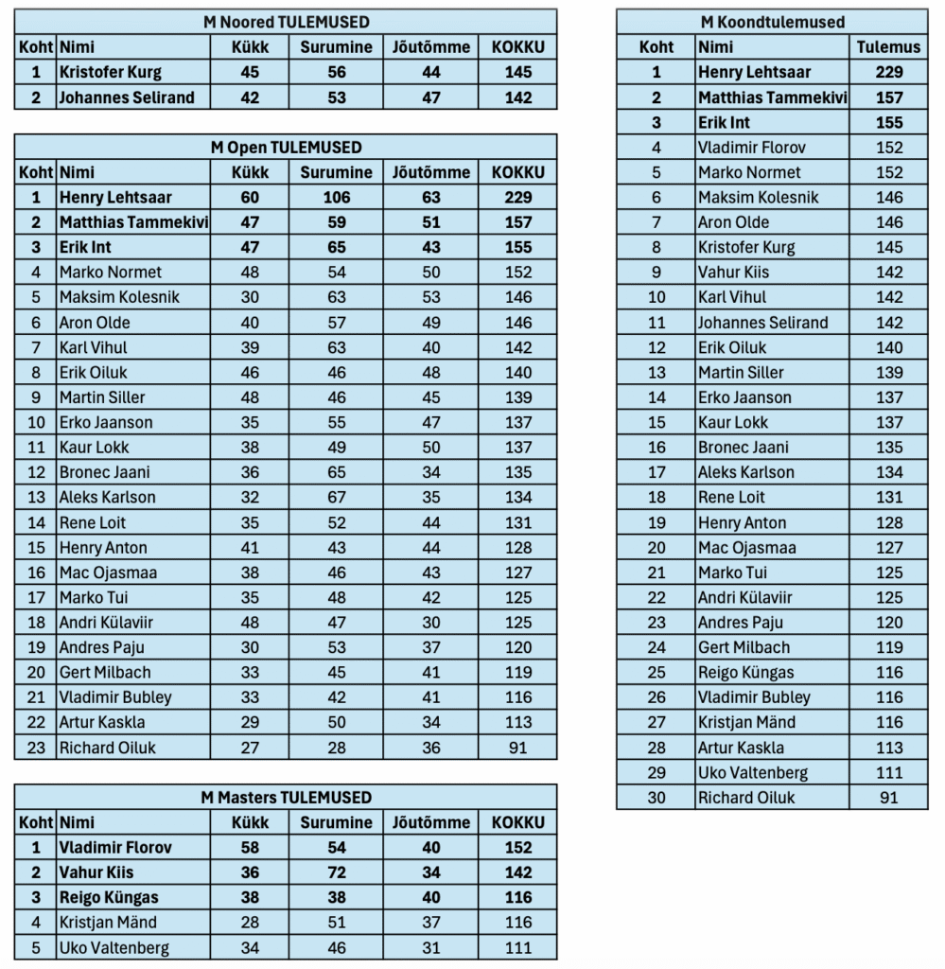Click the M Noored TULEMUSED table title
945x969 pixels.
point(286,22)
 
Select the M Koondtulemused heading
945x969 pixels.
point(772,22)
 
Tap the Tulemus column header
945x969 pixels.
point(888,46)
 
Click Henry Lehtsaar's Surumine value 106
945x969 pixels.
point(336,198)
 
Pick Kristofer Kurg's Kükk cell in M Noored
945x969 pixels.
point(250,72)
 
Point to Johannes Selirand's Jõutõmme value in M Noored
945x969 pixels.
point(431,97)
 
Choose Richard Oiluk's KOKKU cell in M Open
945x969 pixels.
point(518,748)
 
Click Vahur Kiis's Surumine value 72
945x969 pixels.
point(336,872)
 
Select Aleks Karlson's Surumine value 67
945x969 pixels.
point(336,498)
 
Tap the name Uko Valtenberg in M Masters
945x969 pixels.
point(114,948)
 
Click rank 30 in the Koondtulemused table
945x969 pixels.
point(656,798)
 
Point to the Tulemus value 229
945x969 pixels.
point(888,72)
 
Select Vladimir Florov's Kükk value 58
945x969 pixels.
point(250,848)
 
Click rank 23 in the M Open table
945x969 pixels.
point(36,748)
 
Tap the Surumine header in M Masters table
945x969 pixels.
point(336,822)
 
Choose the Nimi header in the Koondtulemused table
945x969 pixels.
point(715,46)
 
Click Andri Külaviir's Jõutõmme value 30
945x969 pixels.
point(431,623)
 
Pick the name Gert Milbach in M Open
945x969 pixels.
point(105,673)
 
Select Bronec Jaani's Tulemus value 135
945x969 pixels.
point(888,448)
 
